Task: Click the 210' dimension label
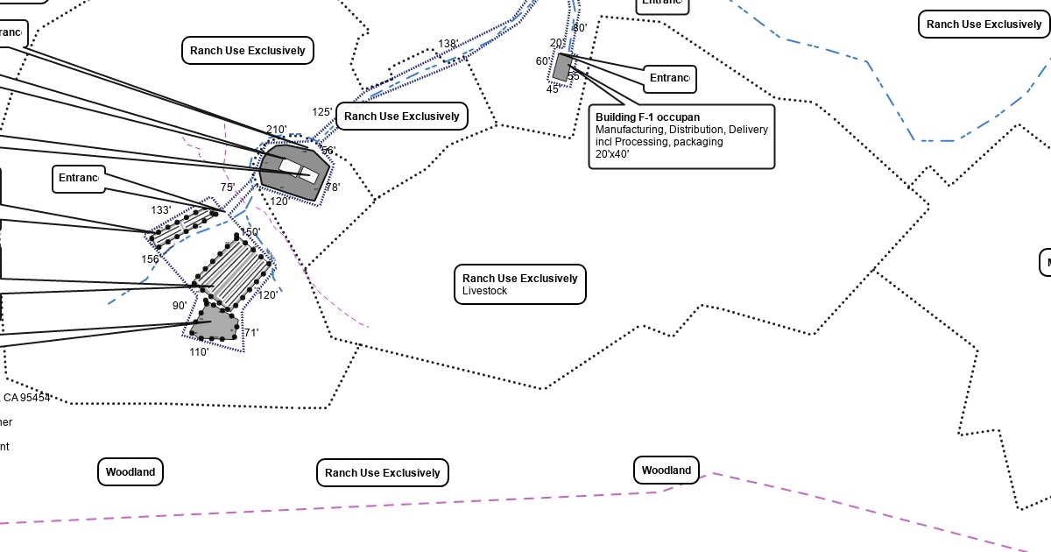[276, 130]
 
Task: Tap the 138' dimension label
[448, 44]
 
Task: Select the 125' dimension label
[321, 112]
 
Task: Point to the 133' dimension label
[160, 210]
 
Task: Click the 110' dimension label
[199, 352]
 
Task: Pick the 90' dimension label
[179, 306]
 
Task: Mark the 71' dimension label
[250, 333]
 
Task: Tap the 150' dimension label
[250, 232]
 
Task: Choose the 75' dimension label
[227, 188]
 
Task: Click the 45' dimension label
[553, 89]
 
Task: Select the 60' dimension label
[544, 61]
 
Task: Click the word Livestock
[484, 291]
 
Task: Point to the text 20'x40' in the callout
[612, 154]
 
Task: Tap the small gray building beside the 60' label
[562, 67]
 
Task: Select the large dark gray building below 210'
[293, 172]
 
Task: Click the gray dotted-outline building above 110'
[215, 322]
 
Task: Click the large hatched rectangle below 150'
[231, 272]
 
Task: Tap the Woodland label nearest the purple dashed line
[666, 471]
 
